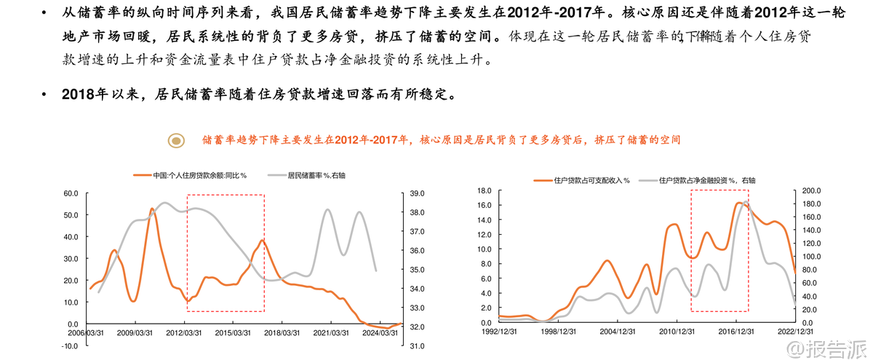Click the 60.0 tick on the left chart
click(x=71, y=193)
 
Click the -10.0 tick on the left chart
click(x=70, y=346)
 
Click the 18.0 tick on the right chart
click(x=485, y=191)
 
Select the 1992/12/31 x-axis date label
click(x=498, y=331)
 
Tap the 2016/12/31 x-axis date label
click(x=737, y=331)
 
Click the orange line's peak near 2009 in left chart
click(x=152, y=209)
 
